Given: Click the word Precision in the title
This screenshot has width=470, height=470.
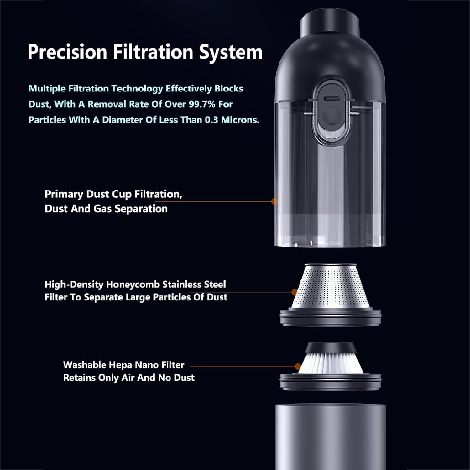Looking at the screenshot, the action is pos(67,52).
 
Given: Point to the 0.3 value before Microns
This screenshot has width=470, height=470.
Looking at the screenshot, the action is pos(211,120).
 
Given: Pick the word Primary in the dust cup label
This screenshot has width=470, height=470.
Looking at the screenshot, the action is pos(64,195).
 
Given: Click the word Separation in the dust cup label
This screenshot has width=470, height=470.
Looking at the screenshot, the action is pos(141,209).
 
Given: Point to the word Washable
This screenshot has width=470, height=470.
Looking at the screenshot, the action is pos(85,365).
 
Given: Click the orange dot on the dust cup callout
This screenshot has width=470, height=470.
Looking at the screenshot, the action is pos(274,201).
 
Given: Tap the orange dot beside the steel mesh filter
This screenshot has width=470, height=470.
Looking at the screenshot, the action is pos(294,292).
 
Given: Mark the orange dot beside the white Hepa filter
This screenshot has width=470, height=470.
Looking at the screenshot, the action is pos(298,366).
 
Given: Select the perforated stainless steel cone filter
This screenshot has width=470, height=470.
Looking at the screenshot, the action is pos(331,287).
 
